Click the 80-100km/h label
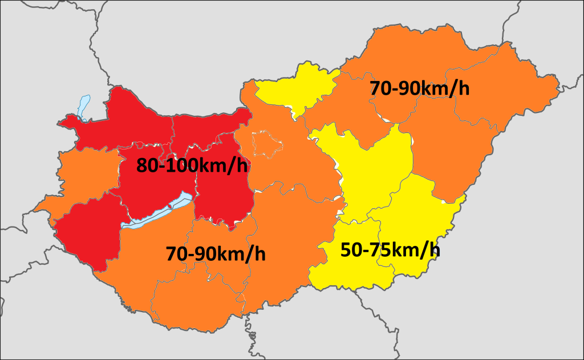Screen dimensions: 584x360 tap(193, 165)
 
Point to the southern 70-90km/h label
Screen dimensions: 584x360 tap(216, 253)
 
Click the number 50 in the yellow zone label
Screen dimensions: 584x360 tap(351, 249)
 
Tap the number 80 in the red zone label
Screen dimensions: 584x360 tap(148, 165)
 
